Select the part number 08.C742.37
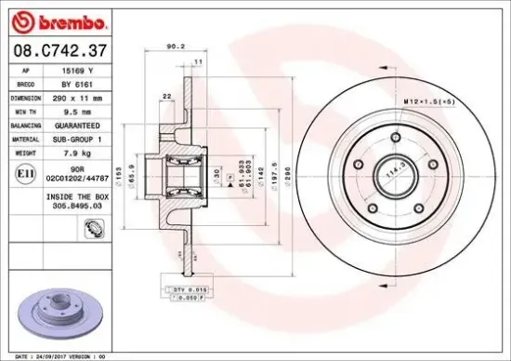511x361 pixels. pyautogui.click(x=58, y=47)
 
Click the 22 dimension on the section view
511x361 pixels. pyautogui.click(x=166, y=97)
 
